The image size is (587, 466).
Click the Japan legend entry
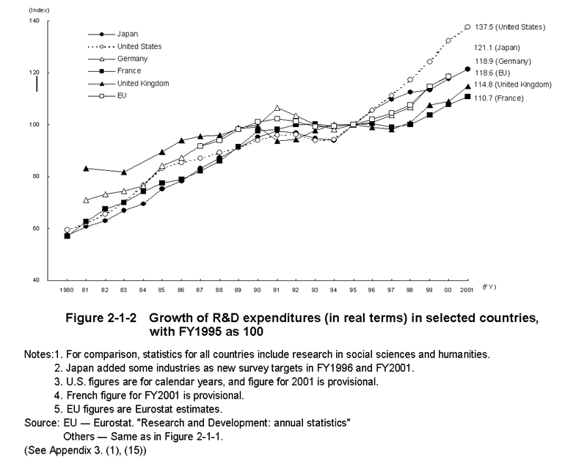coord(113,34)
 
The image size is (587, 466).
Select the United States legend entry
coord(125,46)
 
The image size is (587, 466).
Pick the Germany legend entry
coord(117,59)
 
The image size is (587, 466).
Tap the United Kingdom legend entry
coord(128,83)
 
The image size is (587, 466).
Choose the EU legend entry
coord(107,95)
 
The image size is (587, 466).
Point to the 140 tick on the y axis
coord(34,21)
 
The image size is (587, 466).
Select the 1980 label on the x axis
coord(67,290)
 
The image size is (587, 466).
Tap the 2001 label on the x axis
coord(467,290)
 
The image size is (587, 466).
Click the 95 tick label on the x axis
coord(353,290)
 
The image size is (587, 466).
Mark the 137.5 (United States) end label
coord(510,27)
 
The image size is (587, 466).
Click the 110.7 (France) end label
coord(499,98)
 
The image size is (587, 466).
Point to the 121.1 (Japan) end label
coord(497,48)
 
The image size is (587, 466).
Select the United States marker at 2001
coord(467,27)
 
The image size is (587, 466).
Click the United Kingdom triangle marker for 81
coord(86,169)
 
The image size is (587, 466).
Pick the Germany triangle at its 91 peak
coord(277,108)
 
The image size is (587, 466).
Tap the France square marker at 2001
coord(467,97)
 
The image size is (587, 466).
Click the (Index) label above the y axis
coord(40,10)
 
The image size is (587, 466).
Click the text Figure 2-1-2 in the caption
coord(101,318)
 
